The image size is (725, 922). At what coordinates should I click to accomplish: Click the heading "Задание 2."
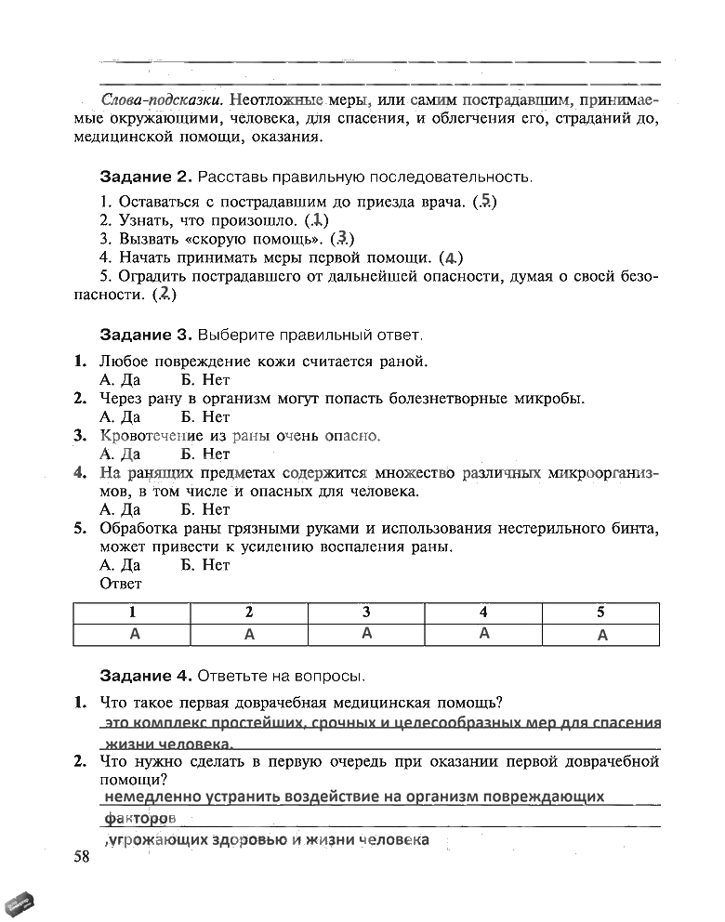click(145, 177)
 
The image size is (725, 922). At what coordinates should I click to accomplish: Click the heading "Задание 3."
click(145, 334)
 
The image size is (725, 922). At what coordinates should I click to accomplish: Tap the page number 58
click(82, 856)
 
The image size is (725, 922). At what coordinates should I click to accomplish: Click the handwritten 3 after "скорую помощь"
click(342, 239)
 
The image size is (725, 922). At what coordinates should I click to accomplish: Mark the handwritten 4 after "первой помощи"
click(451, 257)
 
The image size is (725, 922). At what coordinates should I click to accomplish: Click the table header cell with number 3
click(366, 612)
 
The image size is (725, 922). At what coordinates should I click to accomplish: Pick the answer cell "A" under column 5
click(601, 636)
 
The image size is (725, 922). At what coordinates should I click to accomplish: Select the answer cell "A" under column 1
click(133, 634)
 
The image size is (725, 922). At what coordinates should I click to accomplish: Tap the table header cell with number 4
click(483, 612)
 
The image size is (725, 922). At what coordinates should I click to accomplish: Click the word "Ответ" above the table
click(120, 584)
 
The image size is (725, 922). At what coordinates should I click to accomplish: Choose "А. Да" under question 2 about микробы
click(119, 417)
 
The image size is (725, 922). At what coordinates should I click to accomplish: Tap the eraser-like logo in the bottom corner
click(22, 902)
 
